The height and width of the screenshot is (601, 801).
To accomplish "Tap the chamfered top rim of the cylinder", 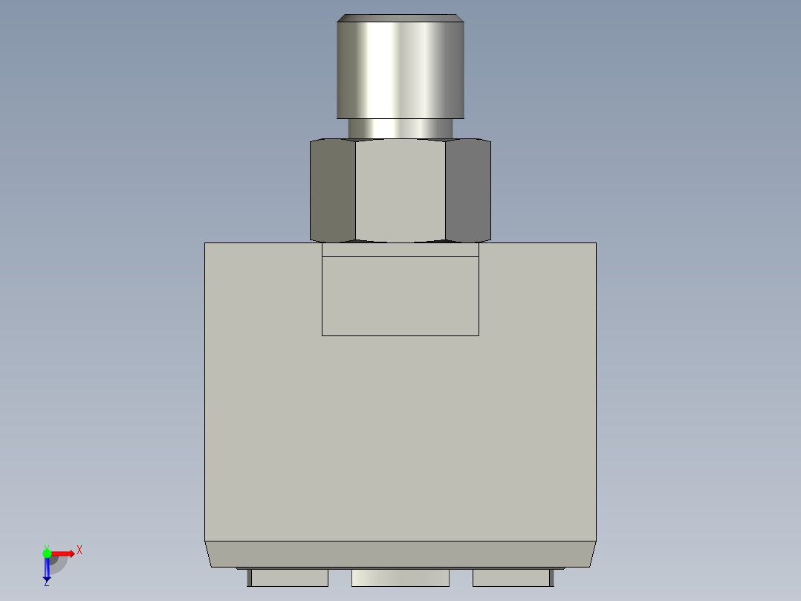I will [400, 18].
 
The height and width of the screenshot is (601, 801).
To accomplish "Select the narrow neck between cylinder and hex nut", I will [400, 129].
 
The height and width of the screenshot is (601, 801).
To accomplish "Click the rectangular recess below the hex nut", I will [400, 296].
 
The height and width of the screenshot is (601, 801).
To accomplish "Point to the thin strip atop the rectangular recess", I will [400, 250].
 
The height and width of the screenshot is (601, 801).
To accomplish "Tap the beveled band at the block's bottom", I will [400, 554].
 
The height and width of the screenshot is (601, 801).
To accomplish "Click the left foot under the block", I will [290, 577].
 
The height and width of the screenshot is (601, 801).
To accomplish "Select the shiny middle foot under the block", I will [400, 577].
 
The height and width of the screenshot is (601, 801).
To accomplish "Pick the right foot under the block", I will [511, 577].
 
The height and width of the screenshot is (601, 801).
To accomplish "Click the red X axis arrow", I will [63, 553].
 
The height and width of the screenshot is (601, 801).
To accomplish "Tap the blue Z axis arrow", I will [47, 570].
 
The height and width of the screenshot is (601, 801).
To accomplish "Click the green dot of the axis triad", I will [47, 553].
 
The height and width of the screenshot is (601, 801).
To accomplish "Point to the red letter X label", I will [80, 550].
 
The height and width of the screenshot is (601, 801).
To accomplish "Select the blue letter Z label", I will [46, 584].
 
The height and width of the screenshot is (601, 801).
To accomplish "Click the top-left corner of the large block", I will [205, 243].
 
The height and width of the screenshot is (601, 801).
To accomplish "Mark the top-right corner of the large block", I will [596, 243].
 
